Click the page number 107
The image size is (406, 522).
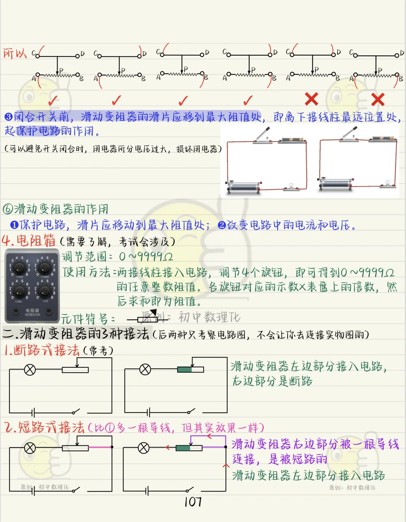coord(193,502)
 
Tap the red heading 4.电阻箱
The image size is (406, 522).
coord(29,240)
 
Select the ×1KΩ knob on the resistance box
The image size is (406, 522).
coord(19,267)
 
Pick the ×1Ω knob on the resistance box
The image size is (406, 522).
coord(44,291)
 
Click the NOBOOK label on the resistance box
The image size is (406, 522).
coord(32,315)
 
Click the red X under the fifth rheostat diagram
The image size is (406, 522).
coord(312,99)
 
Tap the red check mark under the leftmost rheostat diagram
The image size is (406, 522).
coord(53,100)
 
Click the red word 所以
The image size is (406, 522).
coord(15,53)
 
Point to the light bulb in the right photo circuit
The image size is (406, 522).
coord(387,184)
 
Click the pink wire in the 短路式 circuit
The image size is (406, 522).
coord(100,447)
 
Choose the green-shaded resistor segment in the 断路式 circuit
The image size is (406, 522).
coord(185,370)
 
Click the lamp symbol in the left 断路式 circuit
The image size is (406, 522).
coord(30,370)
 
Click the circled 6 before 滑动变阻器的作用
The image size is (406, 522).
coord(8,209)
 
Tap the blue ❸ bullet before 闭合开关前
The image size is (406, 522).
coord(9,117)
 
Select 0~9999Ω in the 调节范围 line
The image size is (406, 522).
coord(145,257)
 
